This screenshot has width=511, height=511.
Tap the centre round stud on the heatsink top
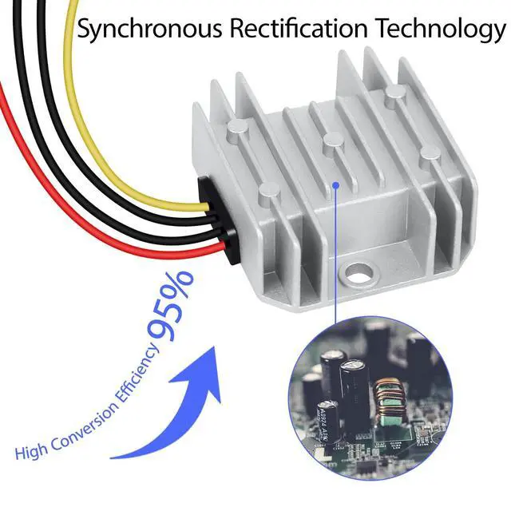(x=329, y=142)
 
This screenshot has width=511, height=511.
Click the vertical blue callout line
(x=337, y=255)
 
